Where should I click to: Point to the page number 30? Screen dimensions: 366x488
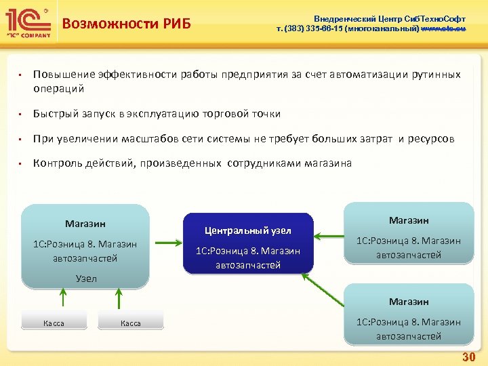[x=468, y=357]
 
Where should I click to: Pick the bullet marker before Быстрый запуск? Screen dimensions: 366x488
[x=21, y=114]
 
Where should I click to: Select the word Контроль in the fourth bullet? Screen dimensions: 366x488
[x=55, y=163]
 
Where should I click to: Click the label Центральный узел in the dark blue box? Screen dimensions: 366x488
[x=248, y=230]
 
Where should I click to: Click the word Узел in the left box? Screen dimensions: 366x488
[x=85, y=279]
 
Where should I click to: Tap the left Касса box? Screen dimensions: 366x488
[x=54, y=323]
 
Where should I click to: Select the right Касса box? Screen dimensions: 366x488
[x=131, y=323]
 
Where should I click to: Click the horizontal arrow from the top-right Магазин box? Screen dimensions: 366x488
[x=329, y=237]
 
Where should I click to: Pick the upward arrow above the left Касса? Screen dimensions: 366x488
[x=62, y=299]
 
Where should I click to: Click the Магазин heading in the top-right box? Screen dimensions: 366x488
[x=408, y=220]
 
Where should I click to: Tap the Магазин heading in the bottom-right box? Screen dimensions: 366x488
[x=408, y=302]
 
